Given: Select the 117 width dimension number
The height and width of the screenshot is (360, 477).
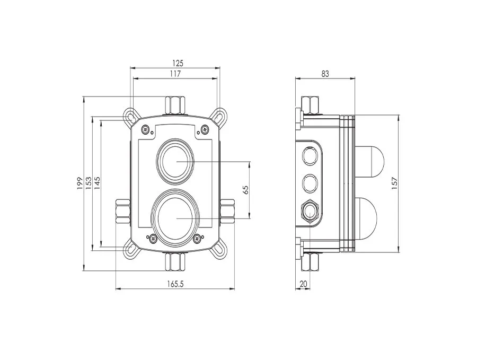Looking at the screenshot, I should coord(174,74).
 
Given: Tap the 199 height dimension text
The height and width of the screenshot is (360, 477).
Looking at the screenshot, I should coord(79,183).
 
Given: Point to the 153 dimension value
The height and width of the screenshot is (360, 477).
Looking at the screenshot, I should coord(89,183).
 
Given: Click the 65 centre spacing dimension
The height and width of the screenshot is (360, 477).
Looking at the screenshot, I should coord(245,189).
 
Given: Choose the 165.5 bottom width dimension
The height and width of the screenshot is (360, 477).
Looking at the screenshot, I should coord(174,284).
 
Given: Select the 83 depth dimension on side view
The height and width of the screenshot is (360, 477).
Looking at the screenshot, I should coord(324,74).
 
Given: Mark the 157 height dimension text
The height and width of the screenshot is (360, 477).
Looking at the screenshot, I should coord(394,183).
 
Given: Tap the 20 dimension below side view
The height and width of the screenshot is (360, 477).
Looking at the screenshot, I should coord(303,284).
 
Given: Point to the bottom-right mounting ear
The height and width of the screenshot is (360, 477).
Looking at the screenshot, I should coord(219,250).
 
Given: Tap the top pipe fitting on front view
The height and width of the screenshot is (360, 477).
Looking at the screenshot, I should coord(174,105).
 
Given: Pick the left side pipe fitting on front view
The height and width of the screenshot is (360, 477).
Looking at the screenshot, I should coord(122,210).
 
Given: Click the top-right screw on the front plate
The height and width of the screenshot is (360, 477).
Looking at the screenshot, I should coord(205,128).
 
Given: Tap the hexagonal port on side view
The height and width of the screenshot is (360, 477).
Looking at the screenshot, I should coord(310,211).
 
